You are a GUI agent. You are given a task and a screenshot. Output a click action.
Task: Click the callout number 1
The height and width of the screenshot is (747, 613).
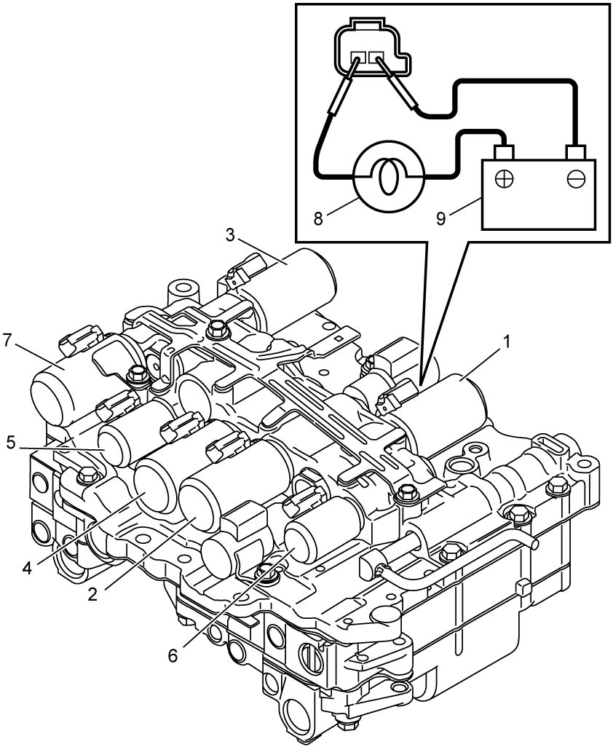pos(507,341)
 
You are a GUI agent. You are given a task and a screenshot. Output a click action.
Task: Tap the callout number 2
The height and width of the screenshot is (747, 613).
pos(93,593)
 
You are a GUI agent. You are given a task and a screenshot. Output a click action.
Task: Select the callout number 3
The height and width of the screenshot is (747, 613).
pos(231,236)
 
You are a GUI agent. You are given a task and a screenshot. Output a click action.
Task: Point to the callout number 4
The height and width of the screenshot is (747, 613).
pos(27,567)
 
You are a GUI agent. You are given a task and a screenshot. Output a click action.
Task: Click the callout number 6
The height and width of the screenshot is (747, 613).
pos(173,655)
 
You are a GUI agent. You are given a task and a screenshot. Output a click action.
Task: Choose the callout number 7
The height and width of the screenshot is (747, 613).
pos(7,341)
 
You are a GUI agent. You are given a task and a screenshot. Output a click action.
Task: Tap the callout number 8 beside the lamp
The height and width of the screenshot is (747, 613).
pos(319,218)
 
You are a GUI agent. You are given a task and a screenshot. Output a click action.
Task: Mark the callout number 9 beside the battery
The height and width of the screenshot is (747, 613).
pos(441,218)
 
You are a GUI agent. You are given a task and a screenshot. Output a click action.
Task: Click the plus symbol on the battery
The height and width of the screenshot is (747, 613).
pos(505,179)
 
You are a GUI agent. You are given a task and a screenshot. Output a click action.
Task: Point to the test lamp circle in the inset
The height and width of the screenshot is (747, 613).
pos(389,175)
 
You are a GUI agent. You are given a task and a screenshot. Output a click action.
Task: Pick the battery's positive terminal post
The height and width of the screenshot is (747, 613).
pos(504,152)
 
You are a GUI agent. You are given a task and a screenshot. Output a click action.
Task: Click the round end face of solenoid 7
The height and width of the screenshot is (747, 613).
pos(52,398)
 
